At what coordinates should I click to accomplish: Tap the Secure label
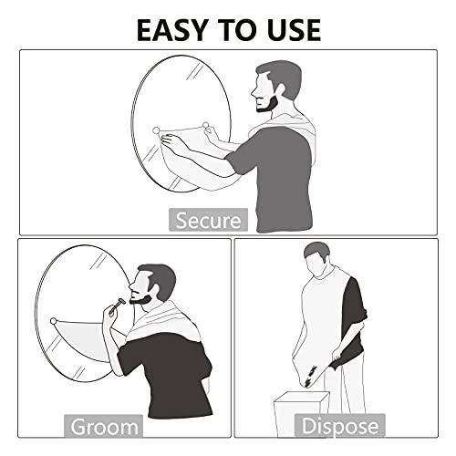coord(208,220)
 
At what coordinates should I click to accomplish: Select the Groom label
coord(105,426)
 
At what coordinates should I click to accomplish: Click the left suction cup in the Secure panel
coord(157,130)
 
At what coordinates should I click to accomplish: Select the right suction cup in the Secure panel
coord(207,125)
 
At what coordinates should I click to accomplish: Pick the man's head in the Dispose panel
coord(316,261)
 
